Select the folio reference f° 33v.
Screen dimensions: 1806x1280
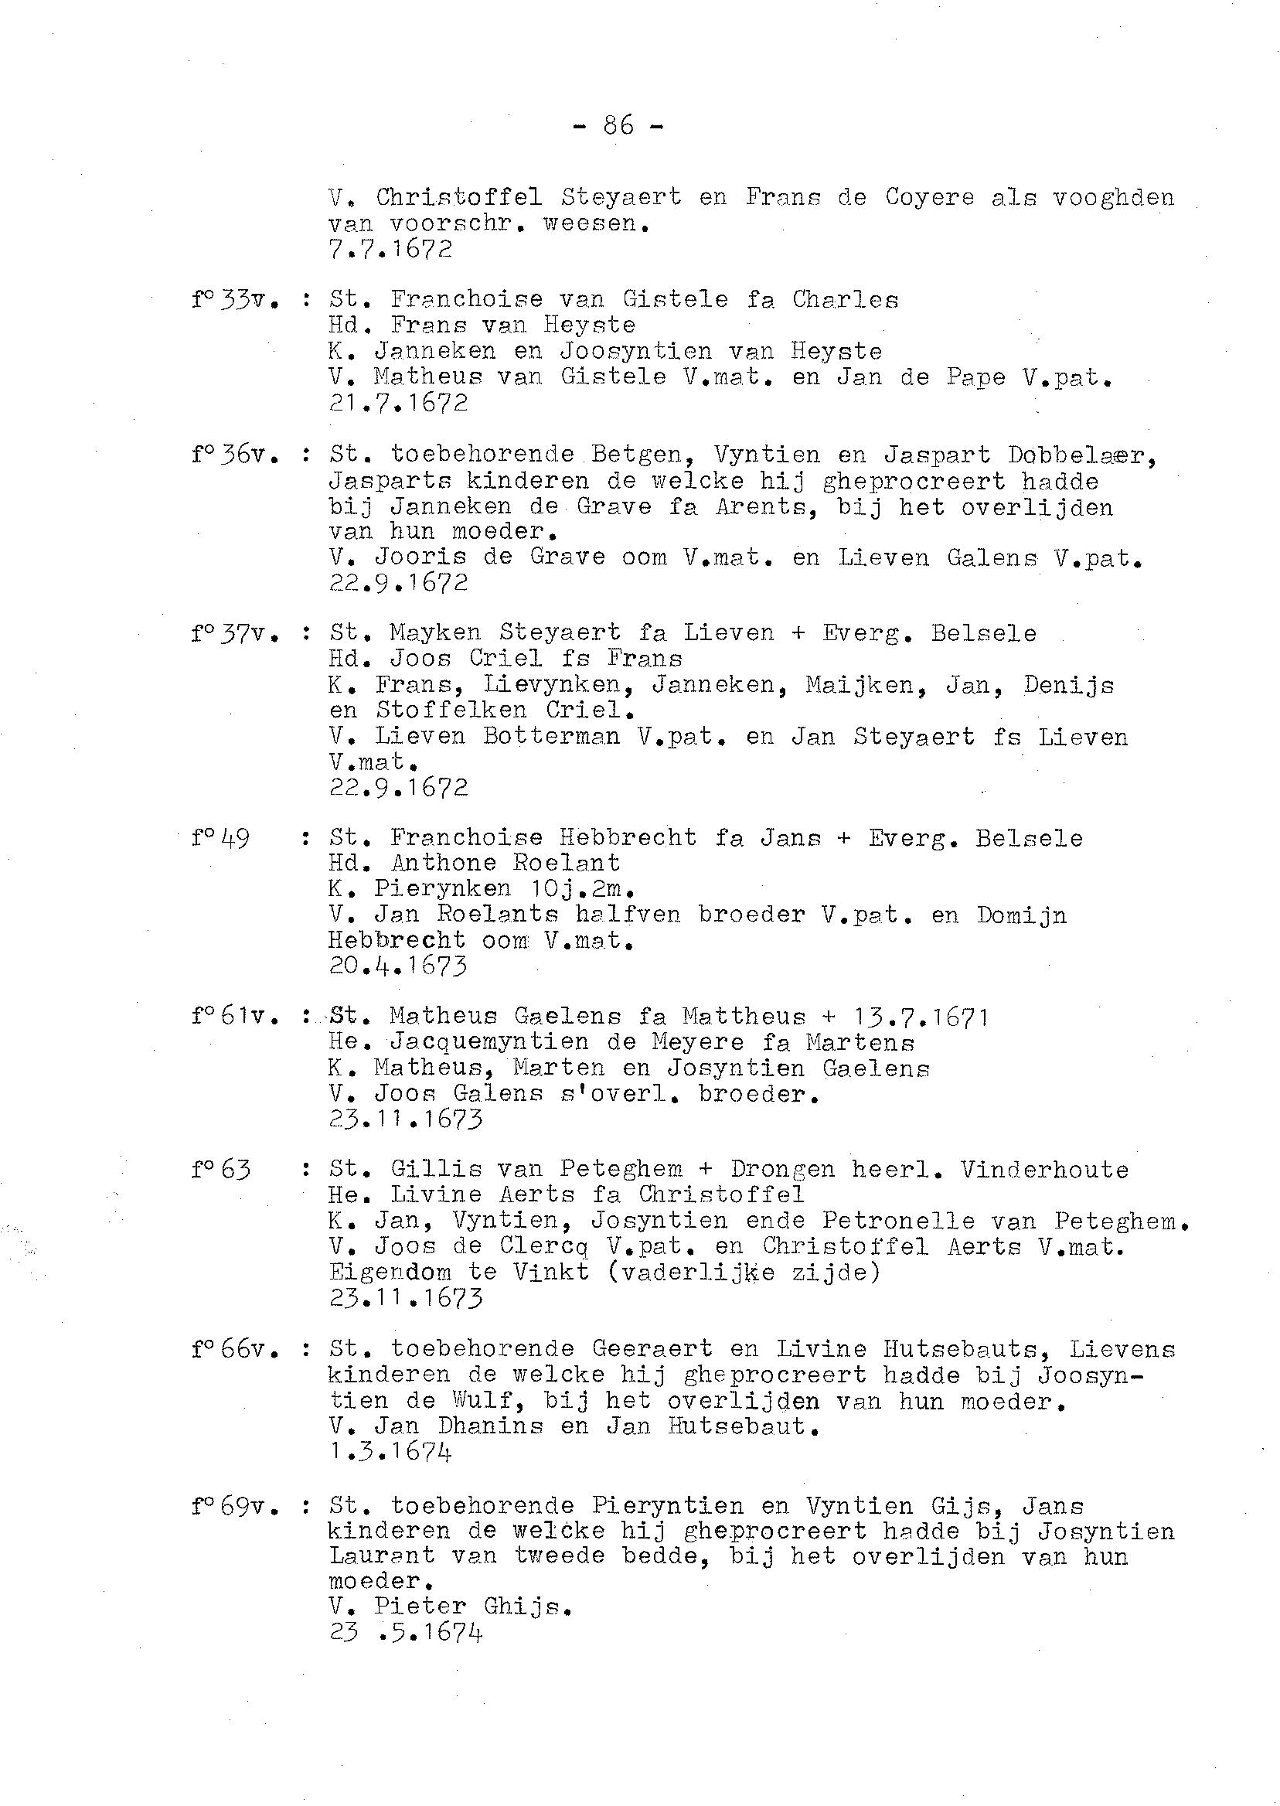pyautogui.click(x=234, y=300)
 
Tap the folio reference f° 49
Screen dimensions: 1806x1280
pyautogui.click(x=221, y=838)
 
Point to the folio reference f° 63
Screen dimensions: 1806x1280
pyautogui.click(x=221, y=1170)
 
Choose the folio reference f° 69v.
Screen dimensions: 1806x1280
pyautogui.click(x=234, y=1507)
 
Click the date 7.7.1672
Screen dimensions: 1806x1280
pyautogui.click(x=390, y=249)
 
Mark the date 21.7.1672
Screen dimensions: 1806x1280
pyautogui.click(x=398, y=404)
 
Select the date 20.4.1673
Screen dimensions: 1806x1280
pyautogui.click(x=398, y=966)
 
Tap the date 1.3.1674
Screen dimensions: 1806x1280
pyautogui.click(x=390, y=1451)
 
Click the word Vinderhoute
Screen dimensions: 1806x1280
pyautogui.click(x=1044, y=1170)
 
